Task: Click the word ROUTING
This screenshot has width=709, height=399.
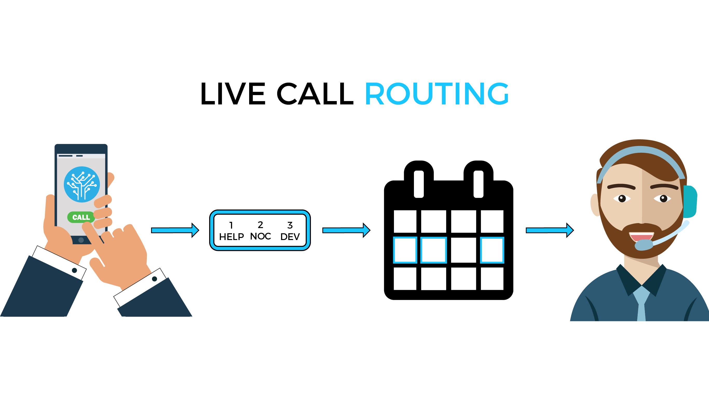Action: [437, 94]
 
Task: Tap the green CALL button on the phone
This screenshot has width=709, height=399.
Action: [81, 217]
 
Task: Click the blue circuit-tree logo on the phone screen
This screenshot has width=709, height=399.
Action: [82, 184]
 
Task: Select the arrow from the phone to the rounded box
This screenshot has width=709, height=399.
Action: [175, 230]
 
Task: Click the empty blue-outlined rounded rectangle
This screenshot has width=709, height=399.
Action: [260, 230]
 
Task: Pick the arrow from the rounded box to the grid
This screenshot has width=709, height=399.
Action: [346, 230]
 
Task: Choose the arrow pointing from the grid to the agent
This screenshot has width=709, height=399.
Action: [549, 230]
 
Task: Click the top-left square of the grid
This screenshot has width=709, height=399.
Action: [405, 221]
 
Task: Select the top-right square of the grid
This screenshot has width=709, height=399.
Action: [492, 221]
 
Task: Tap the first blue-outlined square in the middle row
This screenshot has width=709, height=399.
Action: [405, 250]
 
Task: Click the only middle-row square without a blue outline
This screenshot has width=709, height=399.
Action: [463, 250]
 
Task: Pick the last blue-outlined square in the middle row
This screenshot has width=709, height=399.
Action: [492, 250]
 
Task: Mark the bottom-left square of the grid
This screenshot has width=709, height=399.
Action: [405, 278]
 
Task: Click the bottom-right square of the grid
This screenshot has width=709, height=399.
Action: [492, 278]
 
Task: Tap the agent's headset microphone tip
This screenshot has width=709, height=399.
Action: [644, 245]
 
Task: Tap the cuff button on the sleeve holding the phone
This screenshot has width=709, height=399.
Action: [74, 270]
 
